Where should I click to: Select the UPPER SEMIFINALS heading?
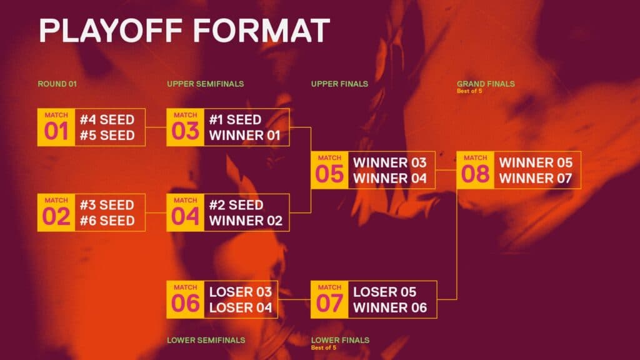pyautogui.click(x=205, y=84)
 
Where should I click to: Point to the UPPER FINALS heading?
pyautogui.click(x=339, y=84)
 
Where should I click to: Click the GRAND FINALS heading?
pyautogui.click(x=486, y=83)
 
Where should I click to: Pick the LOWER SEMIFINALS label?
pyautogui.click(x=206, y=341)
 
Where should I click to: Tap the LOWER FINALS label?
pyautogui.click(x=340, y=340)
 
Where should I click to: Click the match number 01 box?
pyautogui.click(x=56, y=127)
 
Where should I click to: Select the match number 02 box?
pyautogui.click(x=56, y=212)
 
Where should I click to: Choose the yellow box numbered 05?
pyautogui.click(x=329, y=170)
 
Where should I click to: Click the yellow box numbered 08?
pyautogui.click(x=475, y=170)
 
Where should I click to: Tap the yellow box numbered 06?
pyautogui.click(x=185, y=299)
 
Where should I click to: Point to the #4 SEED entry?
pyautogui.click(x=107, y=120)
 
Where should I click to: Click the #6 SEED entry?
pyautogui.click(x=107, y=221)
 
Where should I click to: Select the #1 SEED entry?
pyautogui.click(x=235, y=120)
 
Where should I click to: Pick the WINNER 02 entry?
pyautogui.click(x=246, y=221)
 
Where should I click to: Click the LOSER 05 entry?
pyautogui.click(x=384, y=292)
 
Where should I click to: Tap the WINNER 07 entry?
pyautogui.click(x=535, y=178)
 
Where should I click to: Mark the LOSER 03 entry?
pyautogui.click(x=241, y=292)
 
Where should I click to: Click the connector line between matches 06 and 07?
pyautogui.click(x=294, y=299)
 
